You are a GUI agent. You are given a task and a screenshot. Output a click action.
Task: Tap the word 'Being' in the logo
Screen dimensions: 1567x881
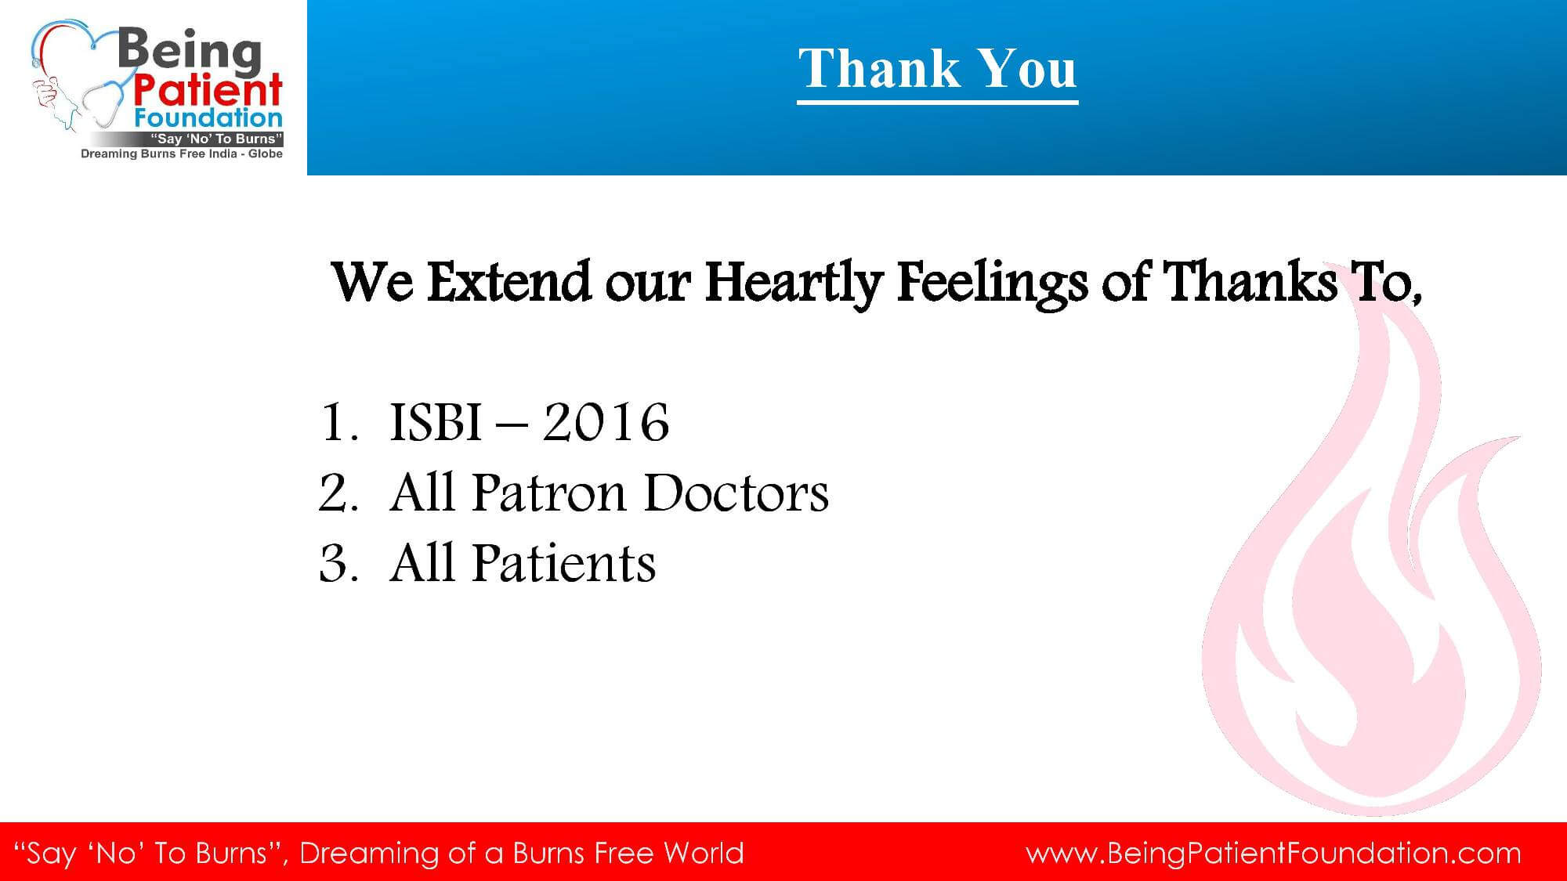click(x=189, y=52)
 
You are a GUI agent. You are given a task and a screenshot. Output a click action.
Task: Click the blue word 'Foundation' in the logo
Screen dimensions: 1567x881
click(x=208, y=118)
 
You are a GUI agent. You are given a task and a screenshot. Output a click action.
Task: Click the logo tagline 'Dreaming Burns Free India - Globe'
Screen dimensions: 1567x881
click(x=182, y=153)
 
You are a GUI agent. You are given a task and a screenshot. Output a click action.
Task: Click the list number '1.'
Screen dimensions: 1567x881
click(x=340, y=423)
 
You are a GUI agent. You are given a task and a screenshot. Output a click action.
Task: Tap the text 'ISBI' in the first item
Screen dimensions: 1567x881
click(x=436, y=423)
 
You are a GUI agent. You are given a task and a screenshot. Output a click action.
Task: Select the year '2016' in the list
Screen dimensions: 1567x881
click(x=606, y=423)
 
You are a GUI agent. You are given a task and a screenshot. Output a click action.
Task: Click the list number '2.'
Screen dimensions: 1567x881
click(x=339, y=493)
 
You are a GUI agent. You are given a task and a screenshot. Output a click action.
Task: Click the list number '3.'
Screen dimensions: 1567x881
click(x=339, y=564)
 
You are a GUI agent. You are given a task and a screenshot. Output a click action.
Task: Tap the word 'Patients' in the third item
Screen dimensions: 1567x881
click(x=563, y=564)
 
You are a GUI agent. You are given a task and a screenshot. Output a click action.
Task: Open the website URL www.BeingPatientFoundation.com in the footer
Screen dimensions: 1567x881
click(x=1274, y=853)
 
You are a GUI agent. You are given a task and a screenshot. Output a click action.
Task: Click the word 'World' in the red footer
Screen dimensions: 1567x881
click(x=703, y=852)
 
